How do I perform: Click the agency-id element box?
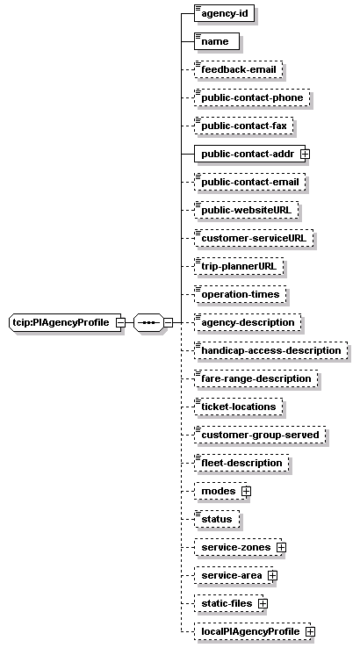tap(224, 13)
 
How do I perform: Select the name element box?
tap(217, 41)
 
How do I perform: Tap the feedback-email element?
tap(239, 69)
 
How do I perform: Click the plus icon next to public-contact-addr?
tap(306, 154)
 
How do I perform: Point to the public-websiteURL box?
tap(247, 210)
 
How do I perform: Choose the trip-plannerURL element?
tap(239, 266)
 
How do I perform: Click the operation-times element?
tap(240, 294)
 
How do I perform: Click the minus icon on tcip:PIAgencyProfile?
tap(120, 322)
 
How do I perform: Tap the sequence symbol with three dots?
tap(148, 322)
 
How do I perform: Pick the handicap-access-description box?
tap(271, 350)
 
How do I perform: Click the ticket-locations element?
tap(239, 407)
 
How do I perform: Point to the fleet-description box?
tap(241, 463)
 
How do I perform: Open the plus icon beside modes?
tap(247, 491)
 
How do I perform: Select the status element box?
tap(217, 519)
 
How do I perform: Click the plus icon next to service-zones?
tap(282, 547)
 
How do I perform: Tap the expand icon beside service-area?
tap(272, 575)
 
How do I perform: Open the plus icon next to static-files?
tap(263, 603)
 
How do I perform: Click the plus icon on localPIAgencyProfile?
tap(311, 631)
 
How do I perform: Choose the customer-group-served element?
tap(260, 435)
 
